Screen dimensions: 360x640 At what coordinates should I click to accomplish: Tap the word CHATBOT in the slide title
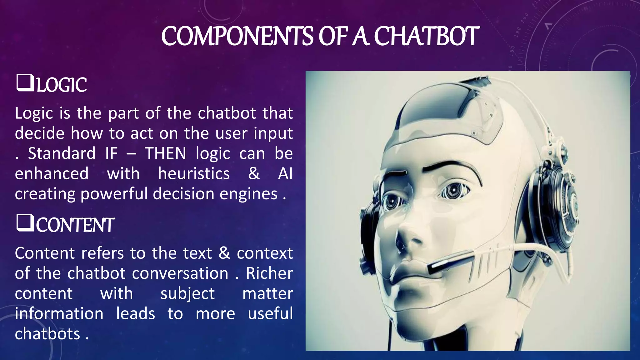pyautogui.click(x=426, y=36)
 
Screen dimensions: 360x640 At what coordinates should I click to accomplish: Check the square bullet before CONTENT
pyautogui.click(x=25, y=223)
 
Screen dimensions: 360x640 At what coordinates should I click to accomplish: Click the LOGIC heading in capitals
pyautogui.click(x=62, y=85)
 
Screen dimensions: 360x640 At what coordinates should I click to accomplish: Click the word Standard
pyautogui.click(x=62, y=153)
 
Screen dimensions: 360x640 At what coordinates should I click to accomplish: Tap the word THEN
pyautogui.click(x=165, y=153)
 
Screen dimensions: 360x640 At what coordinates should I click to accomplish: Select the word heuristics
pyautogui.click(x=194, y=174)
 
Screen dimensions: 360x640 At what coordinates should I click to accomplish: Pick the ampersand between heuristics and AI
pyautogui.click(x=254, y=174)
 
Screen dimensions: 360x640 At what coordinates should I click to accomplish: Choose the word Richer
pyautogui.click(x=269, y=273)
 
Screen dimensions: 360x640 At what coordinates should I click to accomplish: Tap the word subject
pyautogui.click(x=187, y=294)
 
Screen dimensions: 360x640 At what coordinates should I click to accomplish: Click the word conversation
pyautogui.click(x=180, y=273)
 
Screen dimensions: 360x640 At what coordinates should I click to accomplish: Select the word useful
pyautogui.click(x=270, y=314)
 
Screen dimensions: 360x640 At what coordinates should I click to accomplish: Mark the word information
pyautogui.click(x=59, y=314)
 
